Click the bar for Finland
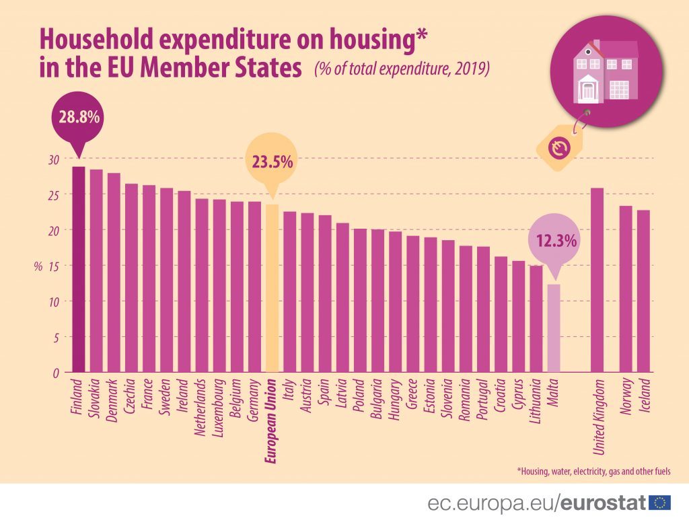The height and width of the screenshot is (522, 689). [79, 269]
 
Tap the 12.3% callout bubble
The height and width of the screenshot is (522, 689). [556, 239]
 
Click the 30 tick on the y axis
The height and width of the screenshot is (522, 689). [53, 159]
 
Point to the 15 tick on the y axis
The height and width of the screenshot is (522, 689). [53, 266]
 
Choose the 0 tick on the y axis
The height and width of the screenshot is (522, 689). [56, 373]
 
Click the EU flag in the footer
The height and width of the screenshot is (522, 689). [659, 502]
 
